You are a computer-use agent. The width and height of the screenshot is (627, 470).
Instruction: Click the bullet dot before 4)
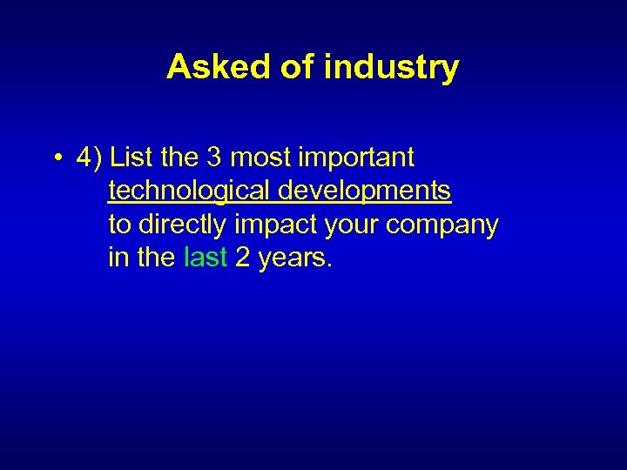[55, 158]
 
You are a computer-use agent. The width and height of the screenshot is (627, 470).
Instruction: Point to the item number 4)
[90, 158]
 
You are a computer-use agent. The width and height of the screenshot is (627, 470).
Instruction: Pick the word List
[131, 158]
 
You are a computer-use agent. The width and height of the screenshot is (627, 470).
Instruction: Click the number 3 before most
[214, 158]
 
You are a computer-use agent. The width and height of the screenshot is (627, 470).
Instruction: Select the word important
[357, 158]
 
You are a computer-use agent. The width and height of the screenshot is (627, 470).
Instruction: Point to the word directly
[182, 225]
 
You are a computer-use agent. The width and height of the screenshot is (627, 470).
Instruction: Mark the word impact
[276, 225]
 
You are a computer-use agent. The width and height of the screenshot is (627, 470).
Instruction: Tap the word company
[442, 225]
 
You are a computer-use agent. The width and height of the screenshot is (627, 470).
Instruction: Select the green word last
[206, 258]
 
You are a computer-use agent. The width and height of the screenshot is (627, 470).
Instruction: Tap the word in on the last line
[117, 258]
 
